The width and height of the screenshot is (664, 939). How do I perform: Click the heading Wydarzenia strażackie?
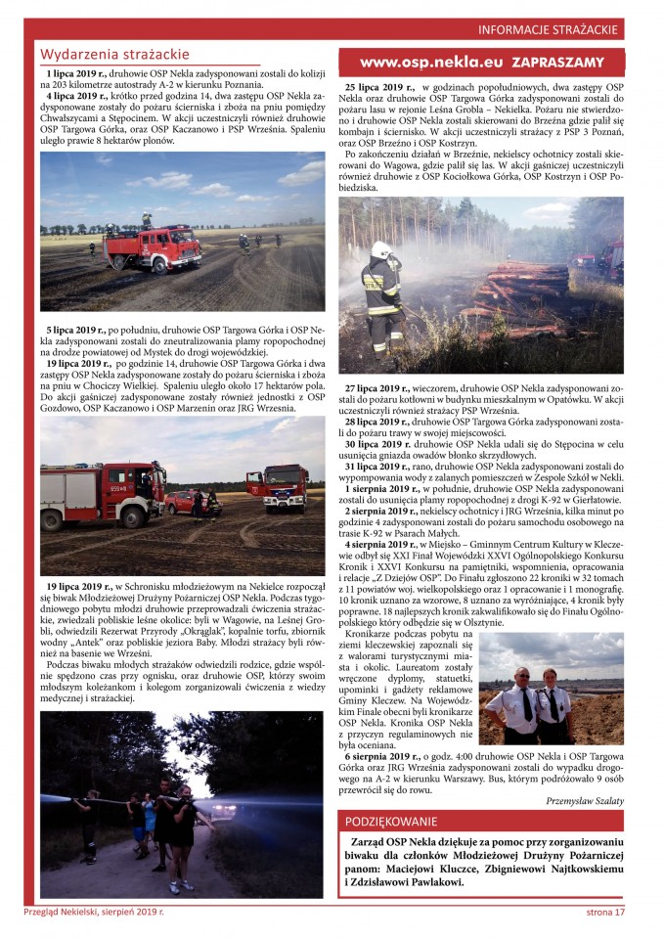coord(114,55)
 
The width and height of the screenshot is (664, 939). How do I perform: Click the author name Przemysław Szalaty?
coord(585,801)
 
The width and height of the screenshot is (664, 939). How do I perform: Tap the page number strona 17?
coord(605,913)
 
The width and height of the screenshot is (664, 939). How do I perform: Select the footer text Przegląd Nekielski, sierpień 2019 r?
coord(95,913)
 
